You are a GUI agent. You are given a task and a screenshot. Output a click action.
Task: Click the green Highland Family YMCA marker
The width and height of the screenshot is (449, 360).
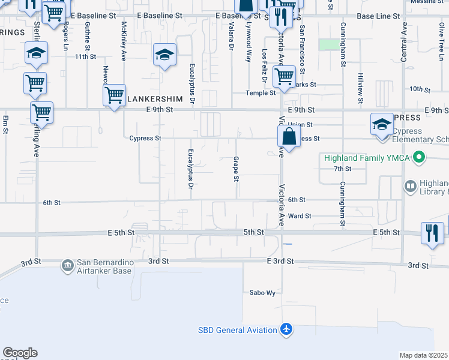point(420,158)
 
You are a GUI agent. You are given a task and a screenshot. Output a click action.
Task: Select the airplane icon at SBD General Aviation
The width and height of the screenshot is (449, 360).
point(286,330)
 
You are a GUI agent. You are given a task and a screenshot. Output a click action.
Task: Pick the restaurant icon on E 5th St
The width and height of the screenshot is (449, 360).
point(432,232)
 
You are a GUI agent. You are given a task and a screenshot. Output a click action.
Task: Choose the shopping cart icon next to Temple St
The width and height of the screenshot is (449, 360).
point(284,77)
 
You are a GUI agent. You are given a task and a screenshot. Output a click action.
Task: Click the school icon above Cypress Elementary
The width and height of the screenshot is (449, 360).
point(382,125)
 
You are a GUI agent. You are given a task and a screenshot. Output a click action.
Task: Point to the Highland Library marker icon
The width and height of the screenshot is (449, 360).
point(411,187)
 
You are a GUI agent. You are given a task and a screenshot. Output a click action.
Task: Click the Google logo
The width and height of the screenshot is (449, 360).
point(20,353)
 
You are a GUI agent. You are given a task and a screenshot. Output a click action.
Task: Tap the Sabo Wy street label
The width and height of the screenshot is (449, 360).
point(262,293)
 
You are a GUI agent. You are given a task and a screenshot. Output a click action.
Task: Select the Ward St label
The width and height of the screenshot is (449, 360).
point(300,216)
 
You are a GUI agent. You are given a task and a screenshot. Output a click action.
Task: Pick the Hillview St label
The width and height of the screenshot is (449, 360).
point(361,87)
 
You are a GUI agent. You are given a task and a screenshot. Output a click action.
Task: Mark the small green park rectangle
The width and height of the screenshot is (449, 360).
point(328,44)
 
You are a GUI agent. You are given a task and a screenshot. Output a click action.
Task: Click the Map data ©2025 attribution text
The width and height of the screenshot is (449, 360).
point(423,355)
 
